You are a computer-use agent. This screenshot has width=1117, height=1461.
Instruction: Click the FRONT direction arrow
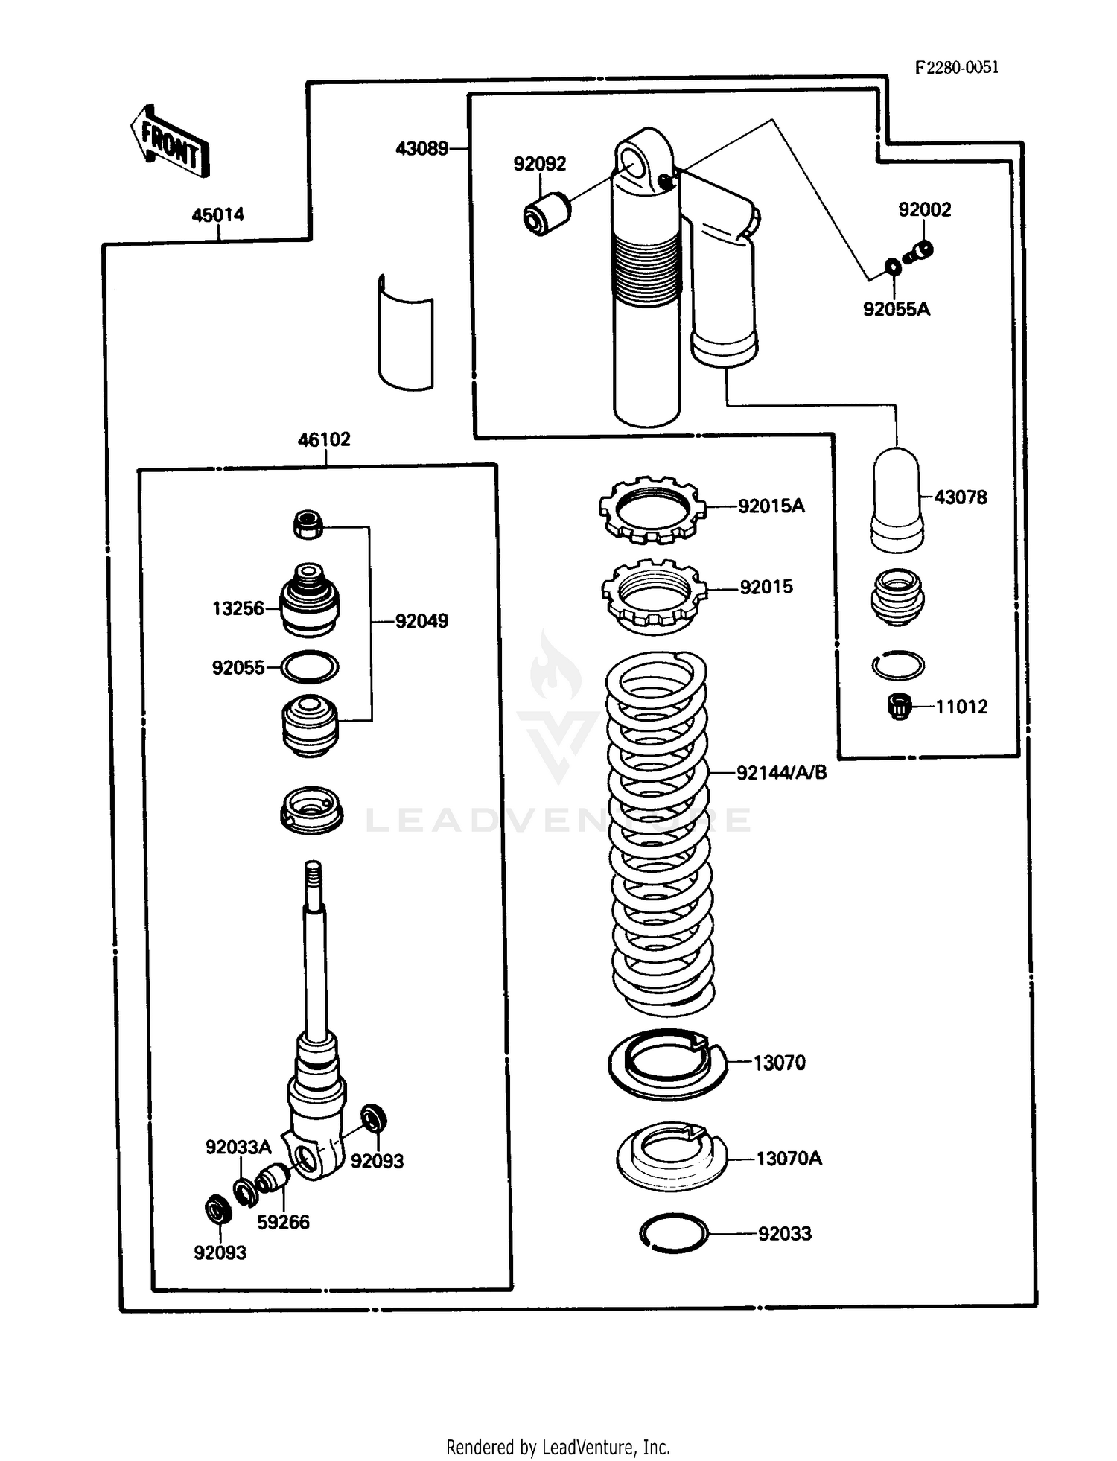(x=170, y=142)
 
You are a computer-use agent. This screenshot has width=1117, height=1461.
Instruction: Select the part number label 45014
(x=217, y=214)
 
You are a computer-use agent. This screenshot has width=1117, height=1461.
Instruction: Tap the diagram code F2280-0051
(x=956, y=67)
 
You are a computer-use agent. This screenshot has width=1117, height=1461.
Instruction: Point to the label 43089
(x=421, y=148)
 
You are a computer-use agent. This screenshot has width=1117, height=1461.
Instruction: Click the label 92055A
(x=896, y=308)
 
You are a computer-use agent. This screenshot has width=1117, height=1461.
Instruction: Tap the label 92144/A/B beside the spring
(x=781, y=772)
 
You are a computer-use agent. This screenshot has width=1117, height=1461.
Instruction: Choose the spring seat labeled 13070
(x=667, y=1063)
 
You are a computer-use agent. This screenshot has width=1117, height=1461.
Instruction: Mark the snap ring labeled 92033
(x=673, y=1232)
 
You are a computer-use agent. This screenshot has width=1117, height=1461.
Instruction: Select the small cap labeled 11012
(x=900, y=705)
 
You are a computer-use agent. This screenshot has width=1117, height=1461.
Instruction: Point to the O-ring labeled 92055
(x=309, y=666)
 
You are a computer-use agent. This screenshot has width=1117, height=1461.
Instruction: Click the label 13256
(x=238, y=608)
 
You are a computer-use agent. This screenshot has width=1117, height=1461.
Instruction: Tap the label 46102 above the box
(x=324, y=439)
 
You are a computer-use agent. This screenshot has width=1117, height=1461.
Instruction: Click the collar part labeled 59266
(x=274, y=1179)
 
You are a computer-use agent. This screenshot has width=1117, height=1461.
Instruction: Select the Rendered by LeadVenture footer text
(x=558, y=1446)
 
